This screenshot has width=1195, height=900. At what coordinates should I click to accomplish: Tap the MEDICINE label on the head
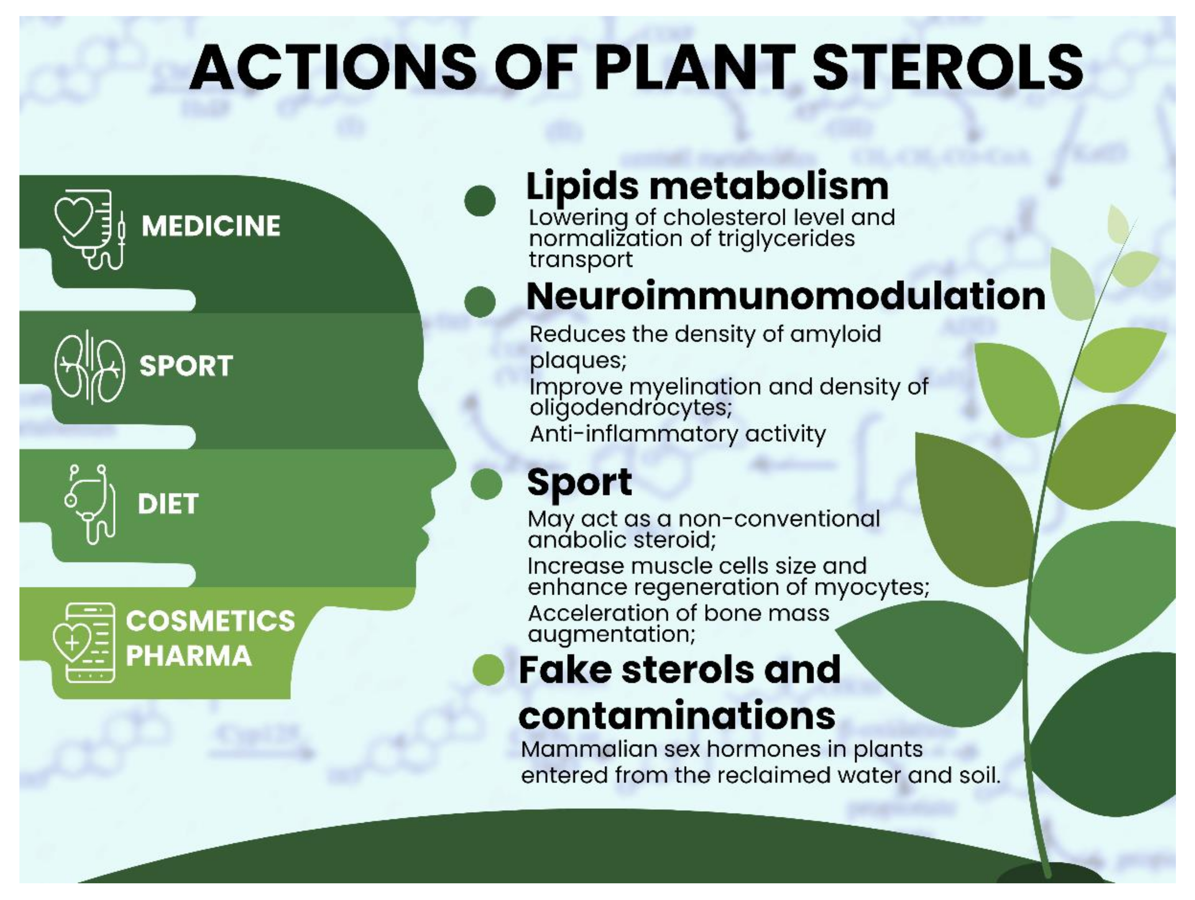[x=211, y=226]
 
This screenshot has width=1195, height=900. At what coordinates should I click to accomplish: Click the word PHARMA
[x=189, y=656]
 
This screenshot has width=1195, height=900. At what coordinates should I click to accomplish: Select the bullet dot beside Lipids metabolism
[x=480, y=200]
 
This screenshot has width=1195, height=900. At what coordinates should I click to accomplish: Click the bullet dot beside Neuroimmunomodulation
[x=480, y=301]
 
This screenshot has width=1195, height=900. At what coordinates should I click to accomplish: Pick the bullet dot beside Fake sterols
[x=488, y=670]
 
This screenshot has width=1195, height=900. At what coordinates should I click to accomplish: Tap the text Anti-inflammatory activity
[x=678, y=434]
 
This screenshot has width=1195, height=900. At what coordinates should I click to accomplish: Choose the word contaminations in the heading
[x=676, y=715]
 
